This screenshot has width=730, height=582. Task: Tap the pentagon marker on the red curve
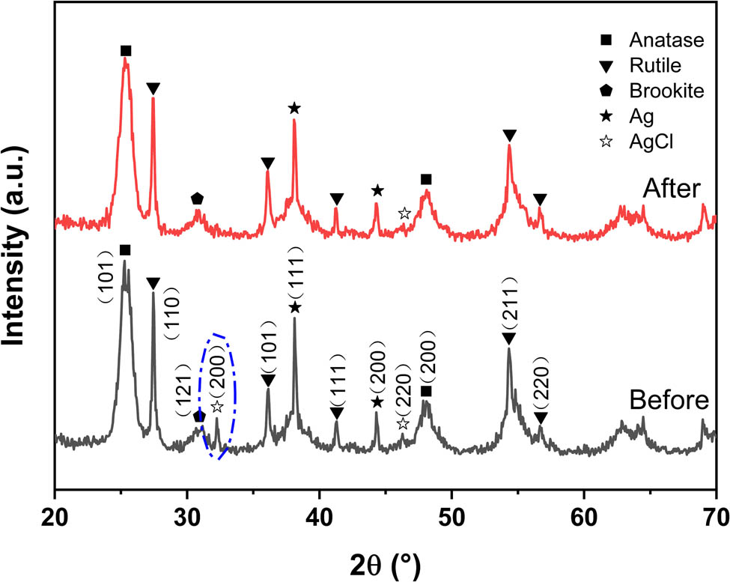click(197, 198)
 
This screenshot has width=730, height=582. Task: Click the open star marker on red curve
click(404, 213)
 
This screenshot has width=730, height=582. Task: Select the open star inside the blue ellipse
click(217, 407)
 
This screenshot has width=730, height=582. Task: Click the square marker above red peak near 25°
click(126, 51)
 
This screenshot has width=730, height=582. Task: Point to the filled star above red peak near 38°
click(294, 109)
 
